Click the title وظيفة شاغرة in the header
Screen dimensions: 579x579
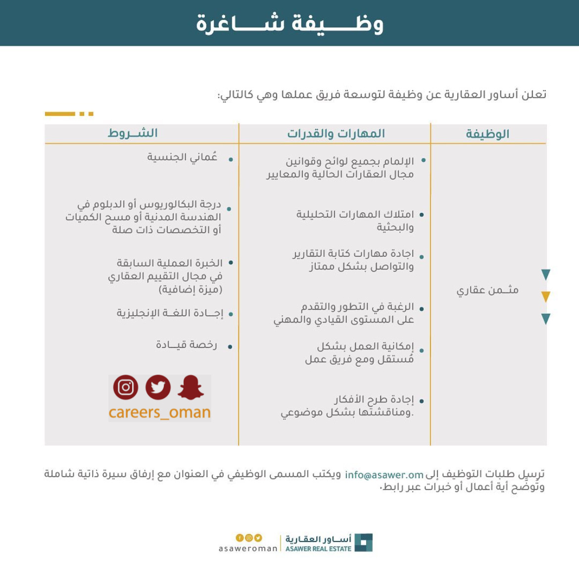289,23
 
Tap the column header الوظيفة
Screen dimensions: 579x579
487,134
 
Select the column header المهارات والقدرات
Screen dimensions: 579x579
336,134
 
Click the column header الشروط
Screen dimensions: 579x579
133,133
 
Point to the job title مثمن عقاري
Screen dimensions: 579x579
487,290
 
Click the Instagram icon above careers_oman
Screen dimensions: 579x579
126,387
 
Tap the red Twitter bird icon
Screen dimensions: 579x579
158,387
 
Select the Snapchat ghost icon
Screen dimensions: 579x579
191,387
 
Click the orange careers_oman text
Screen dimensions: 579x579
159,413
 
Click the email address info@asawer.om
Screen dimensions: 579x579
384,475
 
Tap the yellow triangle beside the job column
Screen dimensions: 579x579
545,297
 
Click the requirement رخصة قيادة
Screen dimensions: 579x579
187,345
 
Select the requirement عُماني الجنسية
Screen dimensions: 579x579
182,157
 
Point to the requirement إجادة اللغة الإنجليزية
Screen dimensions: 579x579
170,313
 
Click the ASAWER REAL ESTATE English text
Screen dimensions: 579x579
318,549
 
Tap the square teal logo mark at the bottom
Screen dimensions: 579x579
364,543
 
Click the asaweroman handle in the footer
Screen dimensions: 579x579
248,549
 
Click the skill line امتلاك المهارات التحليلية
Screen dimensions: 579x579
355,215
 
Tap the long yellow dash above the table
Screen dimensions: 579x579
59,114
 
